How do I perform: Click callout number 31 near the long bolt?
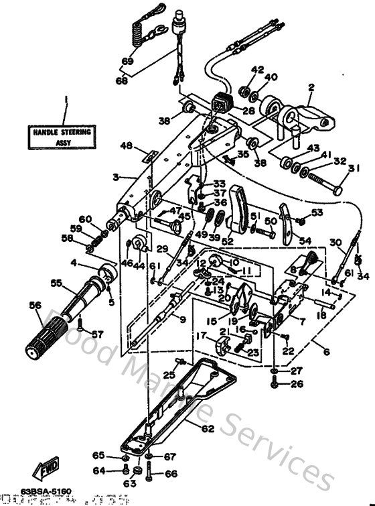point(355,168)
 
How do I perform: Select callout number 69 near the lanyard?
point(127,61)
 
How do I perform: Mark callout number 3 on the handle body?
point(115,177)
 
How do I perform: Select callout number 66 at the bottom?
point(170,473)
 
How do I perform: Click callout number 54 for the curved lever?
point(305,240)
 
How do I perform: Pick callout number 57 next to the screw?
point(98,334)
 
